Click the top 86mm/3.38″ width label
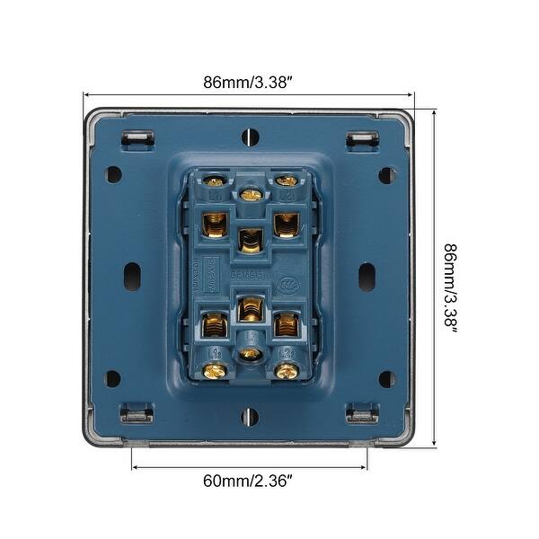(247, 82)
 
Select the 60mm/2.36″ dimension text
(248, 481)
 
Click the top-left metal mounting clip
(137, 139)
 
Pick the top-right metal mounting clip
(362, 139)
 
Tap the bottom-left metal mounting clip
(137, 414)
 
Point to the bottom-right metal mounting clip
(362, 414)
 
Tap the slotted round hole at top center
(250, 137)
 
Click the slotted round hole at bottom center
(250, 416)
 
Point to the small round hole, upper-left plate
(114, 174)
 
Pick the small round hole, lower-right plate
(386, 378)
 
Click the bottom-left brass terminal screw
(214, 370)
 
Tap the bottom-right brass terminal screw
(287, 370)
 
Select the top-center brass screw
(251, 193)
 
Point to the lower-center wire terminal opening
(251, 310)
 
